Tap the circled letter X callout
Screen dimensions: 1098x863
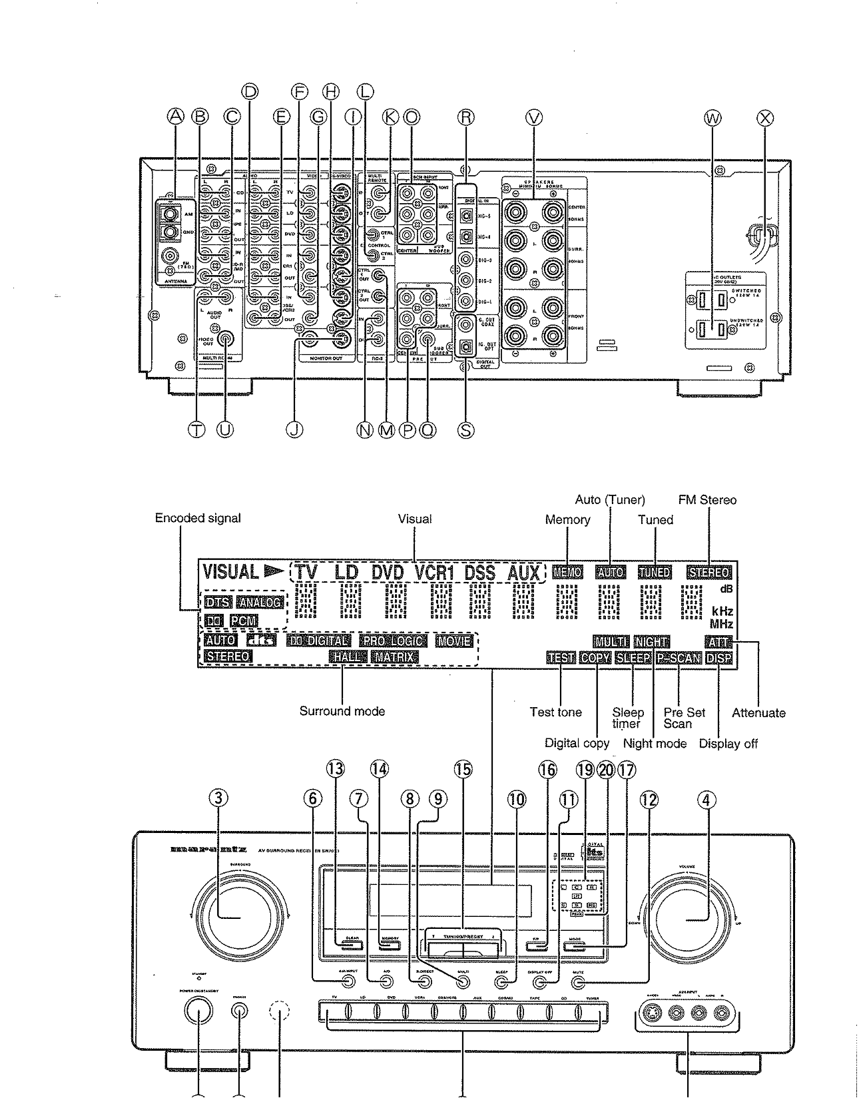766,117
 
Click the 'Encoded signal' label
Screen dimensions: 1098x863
198,518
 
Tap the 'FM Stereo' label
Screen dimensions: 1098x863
707,499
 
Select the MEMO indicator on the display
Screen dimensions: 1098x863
567,572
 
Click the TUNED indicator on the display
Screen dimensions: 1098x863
655,572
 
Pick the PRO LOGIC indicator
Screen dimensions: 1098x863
393,641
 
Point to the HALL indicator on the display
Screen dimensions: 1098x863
348,657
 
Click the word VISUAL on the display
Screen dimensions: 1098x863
230,571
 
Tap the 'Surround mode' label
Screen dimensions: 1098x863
342,711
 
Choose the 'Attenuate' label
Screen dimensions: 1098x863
758,712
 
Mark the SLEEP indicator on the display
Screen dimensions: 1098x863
633,658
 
